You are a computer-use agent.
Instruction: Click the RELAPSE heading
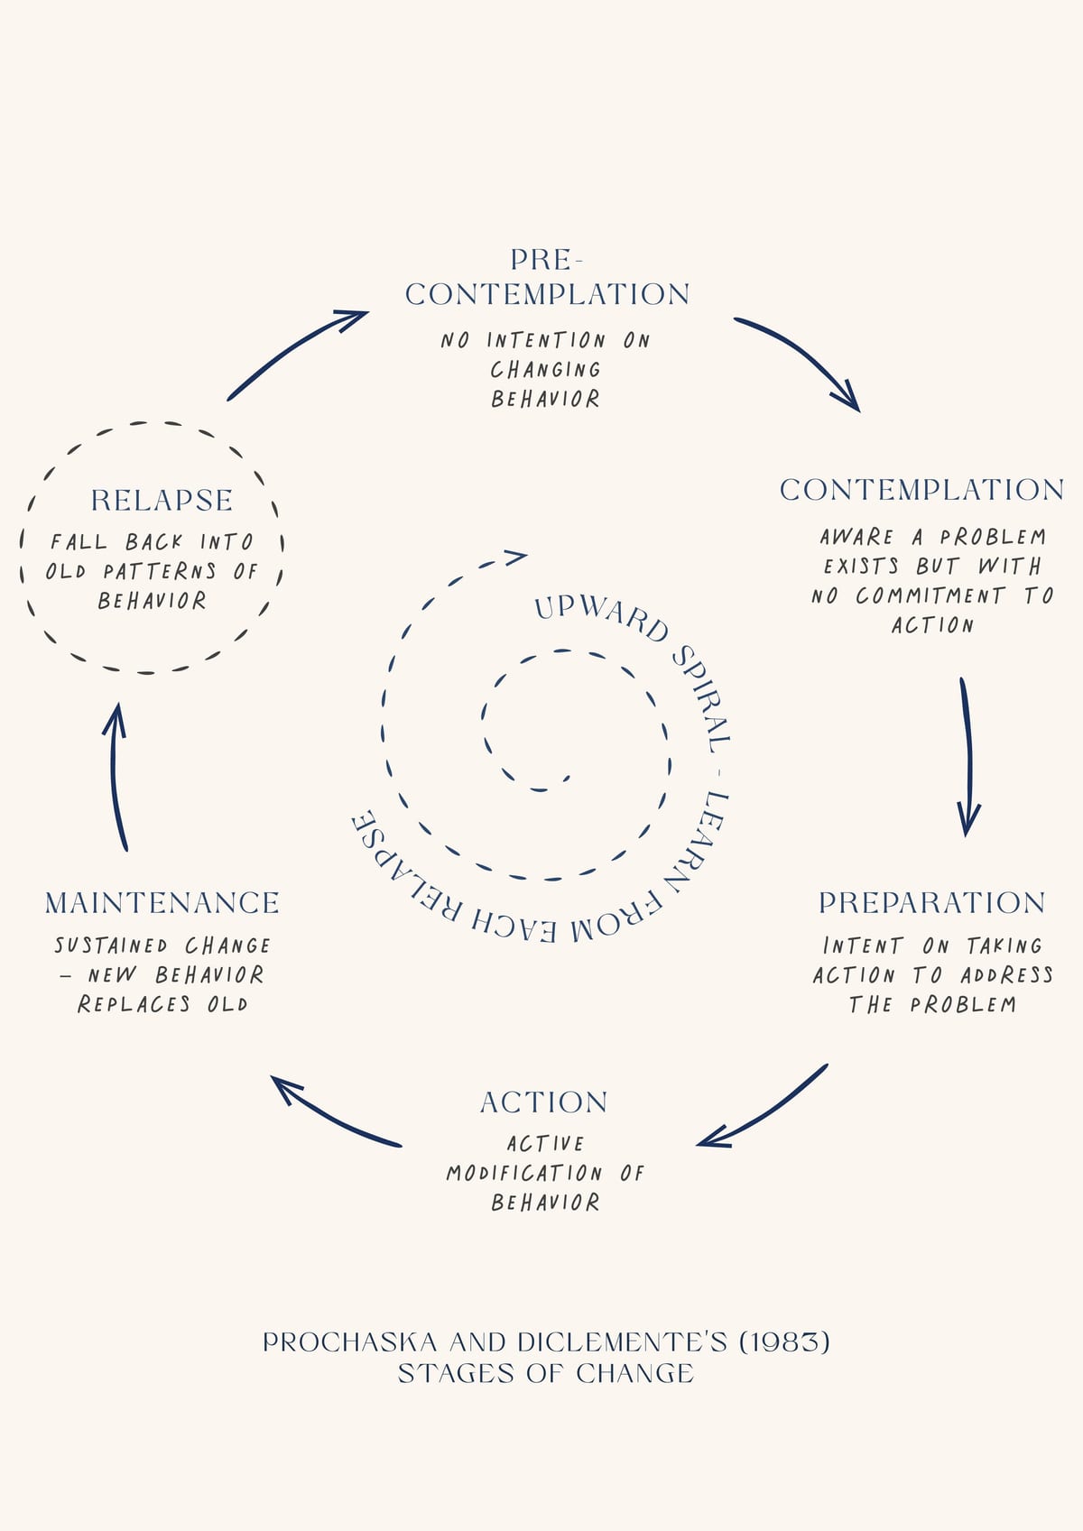click(x=162, y=501)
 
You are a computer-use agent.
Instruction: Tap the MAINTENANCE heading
click(x=162, y=903)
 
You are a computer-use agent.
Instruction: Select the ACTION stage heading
click(x=543, y=1102)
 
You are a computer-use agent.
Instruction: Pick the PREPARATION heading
click(x=932, y=903)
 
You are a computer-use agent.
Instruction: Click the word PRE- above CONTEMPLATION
click(x=546, y=260)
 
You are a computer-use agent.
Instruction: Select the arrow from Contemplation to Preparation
click(x=967, y=755)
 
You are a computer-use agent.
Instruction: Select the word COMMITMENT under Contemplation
click(x=930, y=596)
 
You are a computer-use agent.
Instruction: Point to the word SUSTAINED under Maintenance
click(x=111, y=945)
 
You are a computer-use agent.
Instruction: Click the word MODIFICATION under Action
click(x=524, y=1174)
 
